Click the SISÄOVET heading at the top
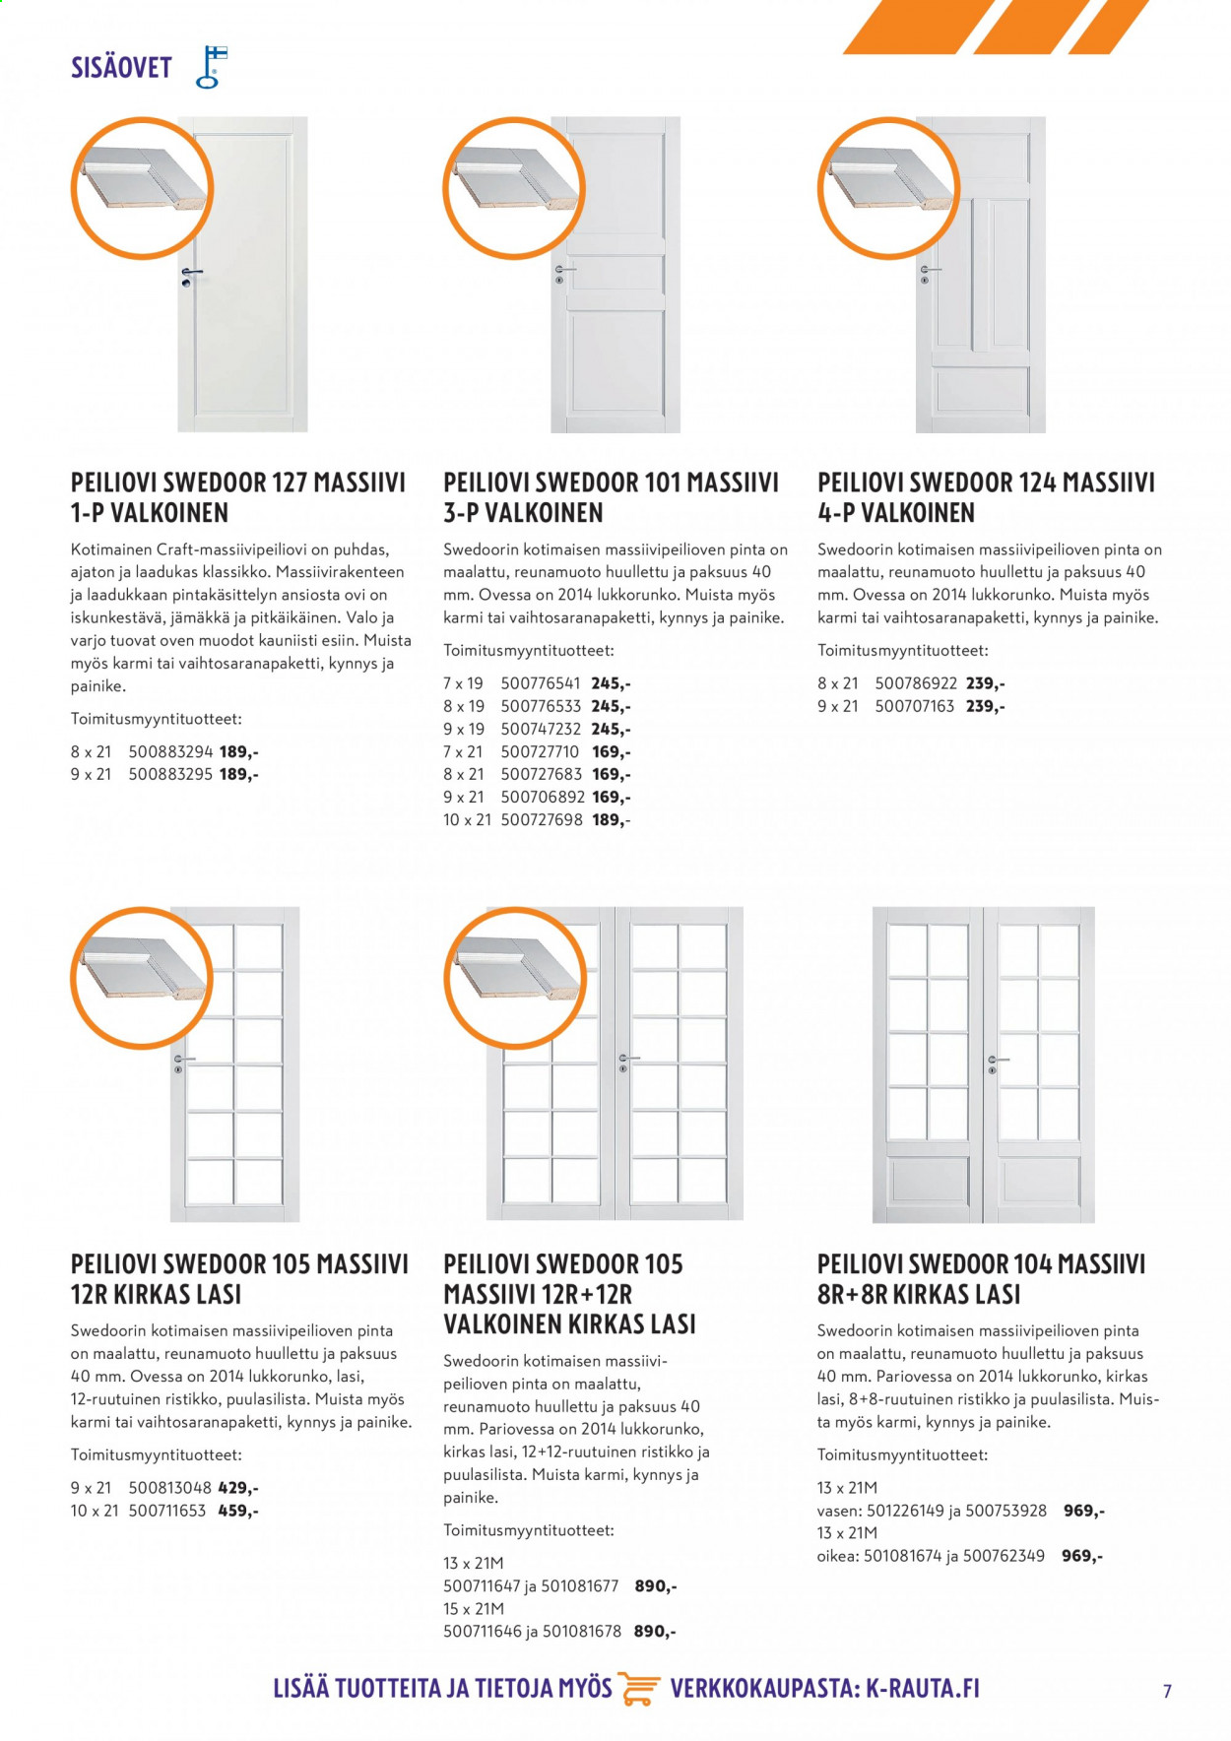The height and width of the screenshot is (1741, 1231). tap(121, 68)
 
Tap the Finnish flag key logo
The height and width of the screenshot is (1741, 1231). tap(211, 67)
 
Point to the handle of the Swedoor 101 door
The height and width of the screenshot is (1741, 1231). tap(565, 269)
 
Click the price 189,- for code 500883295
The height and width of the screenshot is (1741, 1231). tap(238, 774)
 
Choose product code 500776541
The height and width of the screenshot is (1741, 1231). tap(541, 683)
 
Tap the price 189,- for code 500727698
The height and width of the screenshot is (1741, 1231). tap(611, 820)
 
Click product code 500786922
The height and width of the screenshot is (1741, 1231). tap(916, 683)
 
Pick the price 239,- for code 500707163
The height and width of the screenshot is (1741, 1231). tap(985, 706)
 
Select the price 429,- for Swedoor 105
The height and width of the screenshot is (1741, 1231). tap(238, 1488)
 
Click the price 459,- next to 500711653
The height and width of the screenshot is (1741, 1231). tap(237, 1511)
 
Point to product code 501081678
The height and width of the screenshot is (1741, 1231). tap(581, 1632)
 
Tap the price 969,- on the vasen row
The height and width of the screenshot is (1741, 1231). tap(1084, 1511)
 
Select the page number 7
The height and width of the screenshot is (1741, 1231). tap(1167, 1692)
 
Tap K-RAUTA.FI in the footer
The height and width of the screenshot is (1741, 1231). tap(923, 1688)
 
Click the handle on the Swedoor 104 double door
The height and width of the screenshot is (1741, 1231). tap(997, 1061)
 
